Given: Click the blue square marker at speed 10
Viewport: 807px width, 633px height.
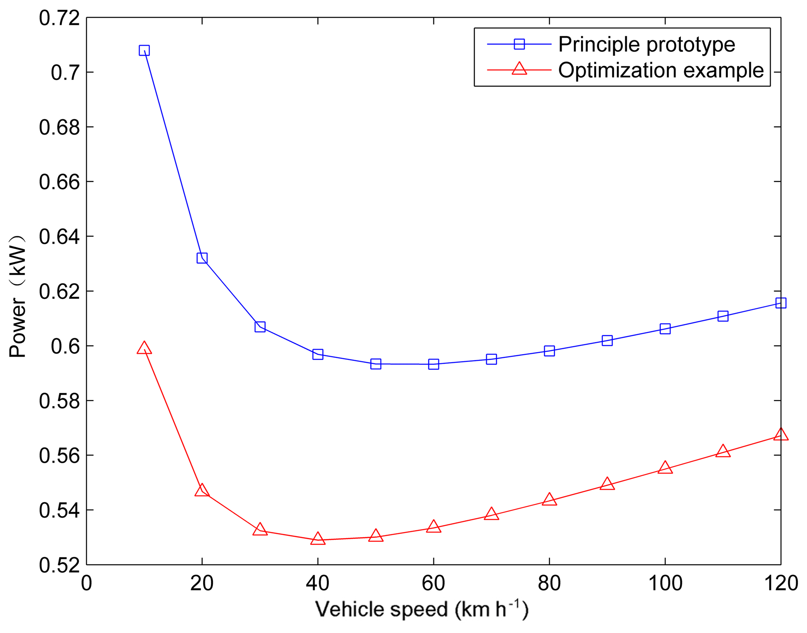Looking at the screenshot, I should (144, 50).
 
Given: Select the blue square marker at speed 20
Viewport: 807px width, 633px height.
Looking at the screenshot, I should (202, 258).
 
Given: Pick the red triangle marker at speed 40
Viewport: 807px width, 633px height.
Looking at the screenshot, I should (318, 539).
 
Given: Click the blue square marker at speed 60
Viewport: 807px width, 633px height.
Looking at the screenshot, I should (433, 364).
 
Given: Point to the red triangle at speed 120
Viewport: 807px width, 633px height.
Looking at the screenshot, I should (780, 434).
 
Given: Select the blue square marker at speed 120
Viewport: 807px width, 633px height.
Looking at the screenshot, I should (780, 303).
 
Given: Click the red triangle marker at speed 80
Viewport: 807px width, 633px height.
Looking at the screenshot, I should (549, 499).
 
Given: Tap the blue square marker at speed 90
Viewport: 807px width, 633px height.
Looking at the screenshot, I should (607, 340).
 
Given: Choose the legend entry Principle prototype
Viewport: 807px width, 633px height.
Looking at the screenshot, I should (647, 44).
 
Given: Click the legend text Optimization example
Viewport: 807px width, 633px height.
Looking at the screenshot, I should (661, 70).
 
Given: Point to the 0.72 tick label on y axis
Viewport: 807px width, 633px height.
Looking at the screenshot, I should (59, 18).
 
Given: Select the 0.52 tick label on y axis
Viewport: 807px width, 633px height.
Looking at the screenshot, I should (59, 565).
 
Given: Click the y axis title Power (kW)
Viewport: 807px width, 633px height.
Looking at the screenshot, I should (18, 297).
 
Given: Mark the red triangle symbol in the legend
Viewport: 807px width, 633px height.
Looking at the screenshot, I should (519, 69).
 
